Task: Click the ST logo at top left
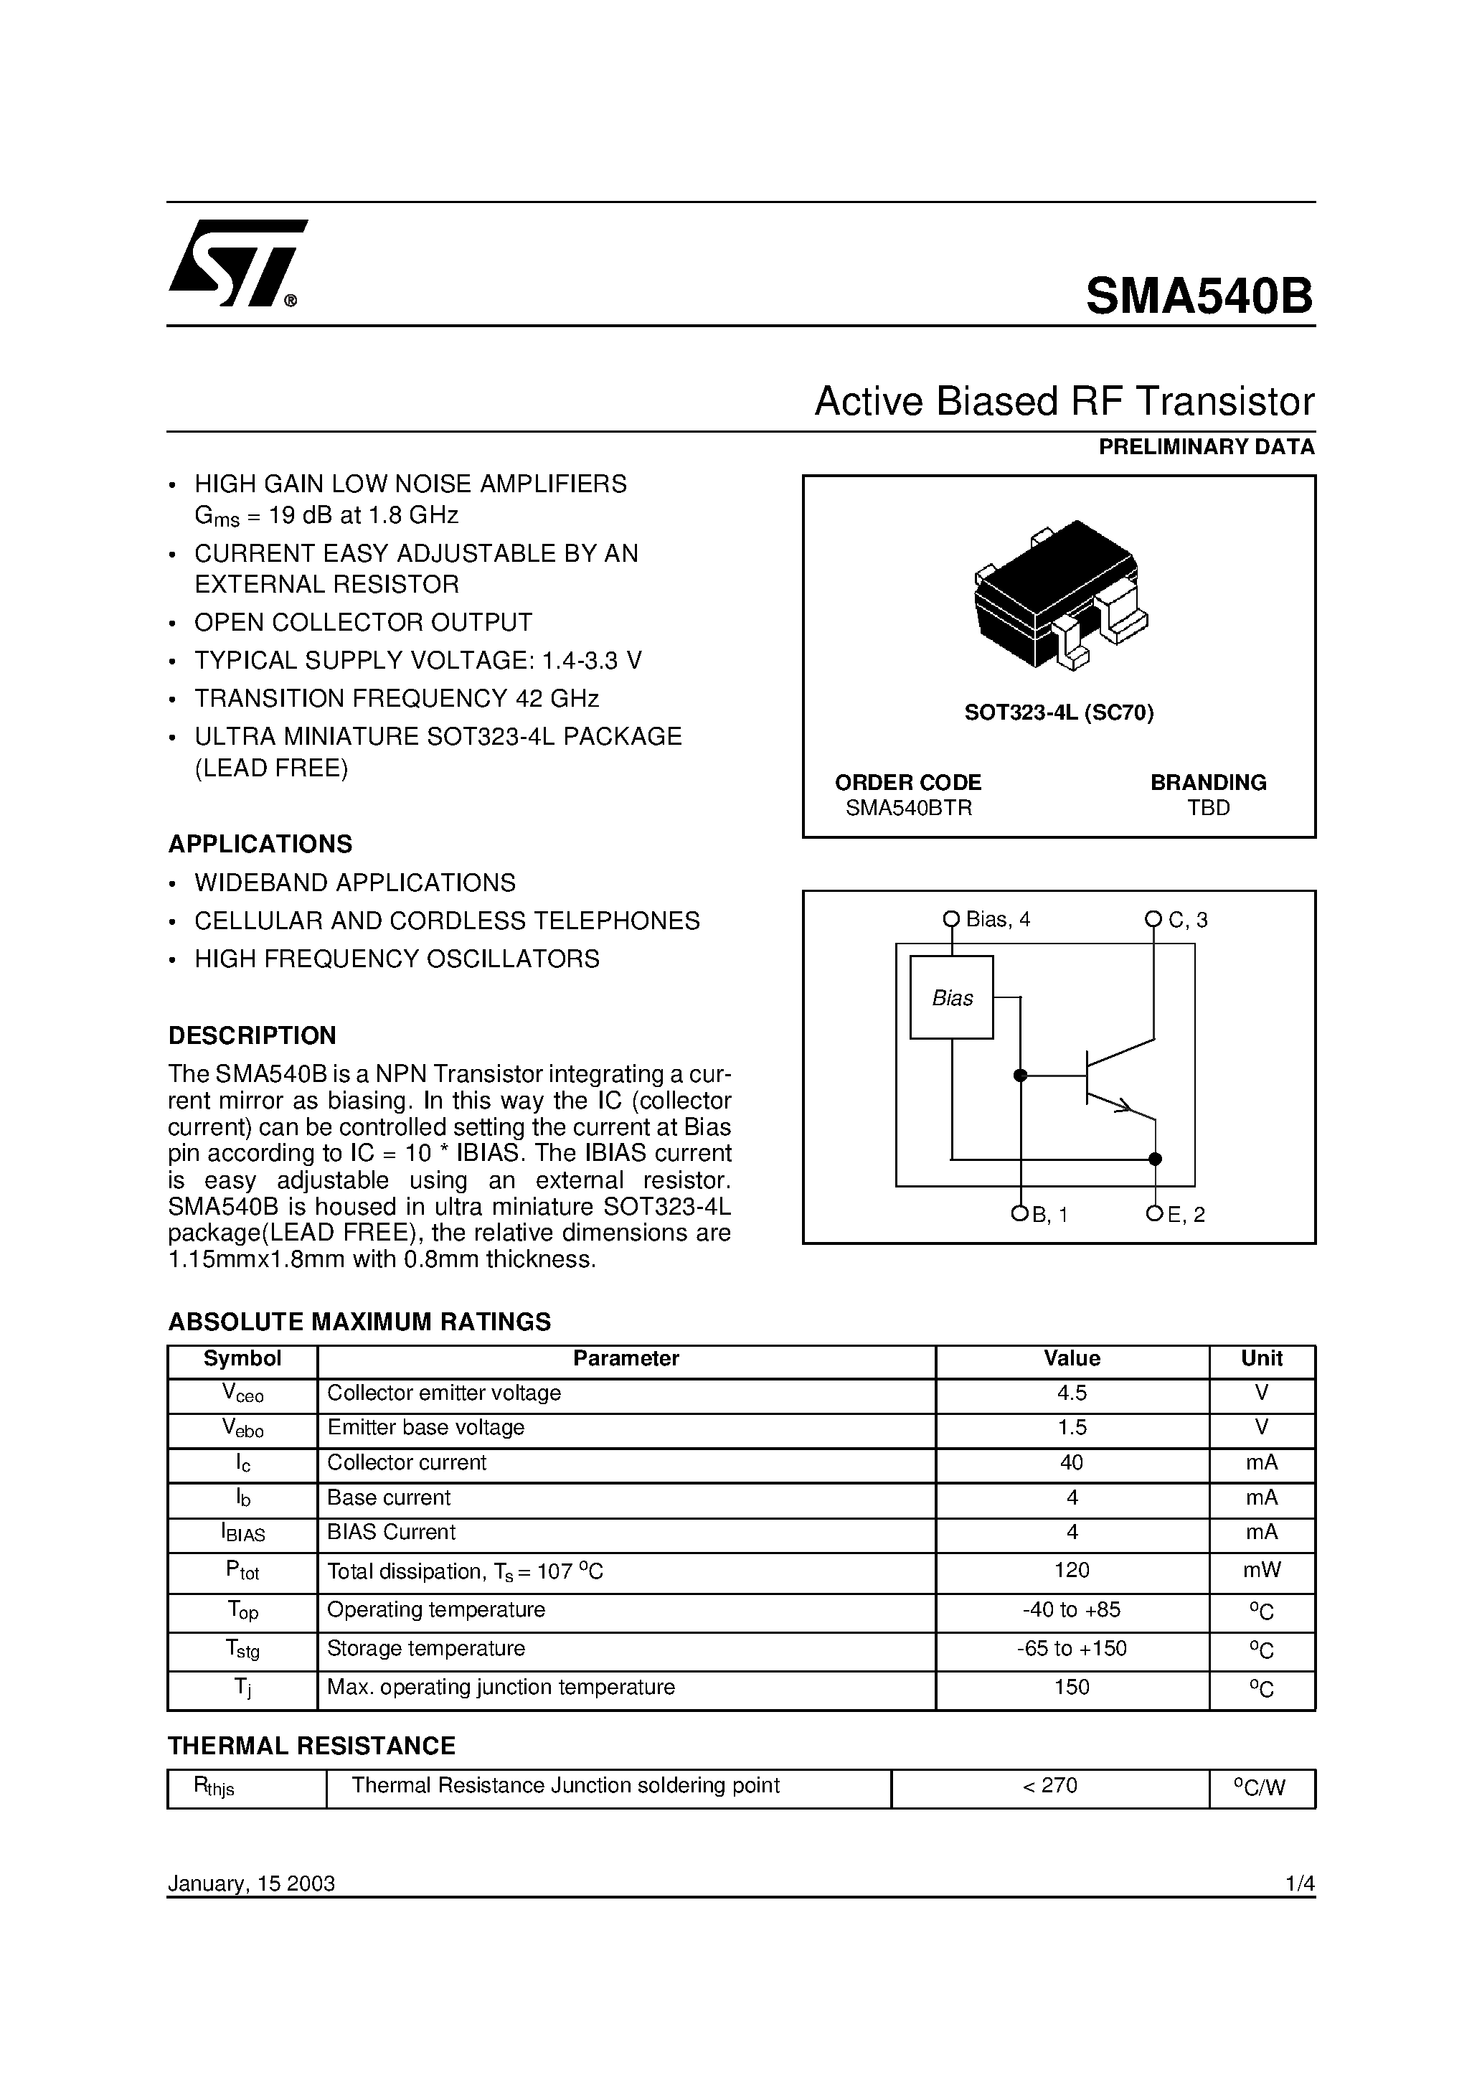coord(236,264)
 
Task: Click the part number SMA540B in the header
coord(1199,296)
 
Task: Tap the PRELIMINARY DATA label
coord(1206,447)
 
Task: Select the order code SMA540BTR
coord(908,808)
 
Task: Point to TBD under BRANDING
coord(1208,808)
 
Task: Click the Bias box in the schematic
coord(951,998)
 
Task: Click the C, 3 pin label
coord(1188,920)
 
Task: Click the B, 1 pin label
coord(1050,1215)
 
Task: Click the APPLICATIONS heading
coord(260,843)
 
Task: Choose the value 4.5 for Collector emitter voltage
coord(1071,1393)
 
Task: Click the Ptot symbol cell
coord(242,1570)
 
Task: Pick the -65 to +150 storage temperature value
coord(1071,1648)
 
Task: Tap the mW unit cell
coord(1261,1570)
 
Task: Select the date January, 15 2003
coord(251,1883)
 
